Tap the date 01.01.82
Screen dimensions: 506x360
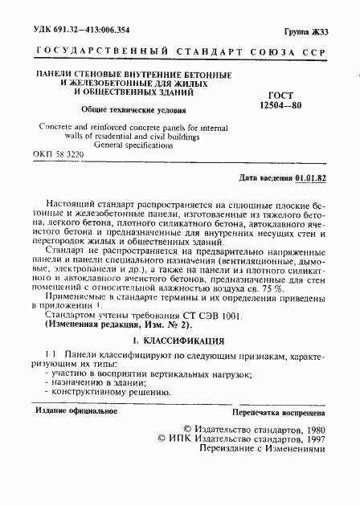(318, 177)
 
